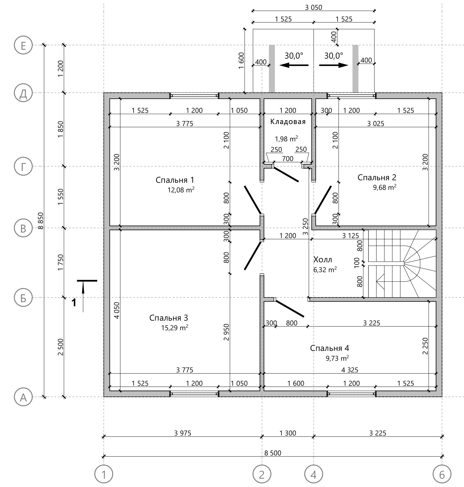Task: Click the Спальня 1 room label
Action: pos(175,180)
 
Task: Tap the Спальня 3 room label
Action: pos(169,318)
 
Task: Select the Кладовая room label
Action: pos(288,122)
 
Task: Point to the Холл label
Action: pos(323,260)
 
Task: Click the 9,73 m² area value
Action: pos(337,358)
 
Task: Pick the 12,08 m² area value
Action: pos(181,190)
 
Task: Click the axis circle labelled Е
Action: pos(23,45)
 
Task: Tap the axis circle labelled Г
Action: pos(23,166)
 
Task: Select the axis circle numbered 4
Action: pos(314,475)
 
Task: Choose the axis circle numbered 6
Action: pos(442,475)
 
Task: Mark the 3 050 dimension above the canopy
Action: pos(314,8)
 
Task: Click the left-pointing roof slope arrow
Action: pos(294,65)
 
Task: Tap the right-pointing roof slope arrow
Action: pos(334,65)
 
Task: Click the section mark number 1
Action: pos(74,303)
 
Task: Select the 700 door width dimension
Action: pos(288,159)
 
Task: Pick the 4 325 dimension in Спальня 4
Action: pos(350,370)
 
